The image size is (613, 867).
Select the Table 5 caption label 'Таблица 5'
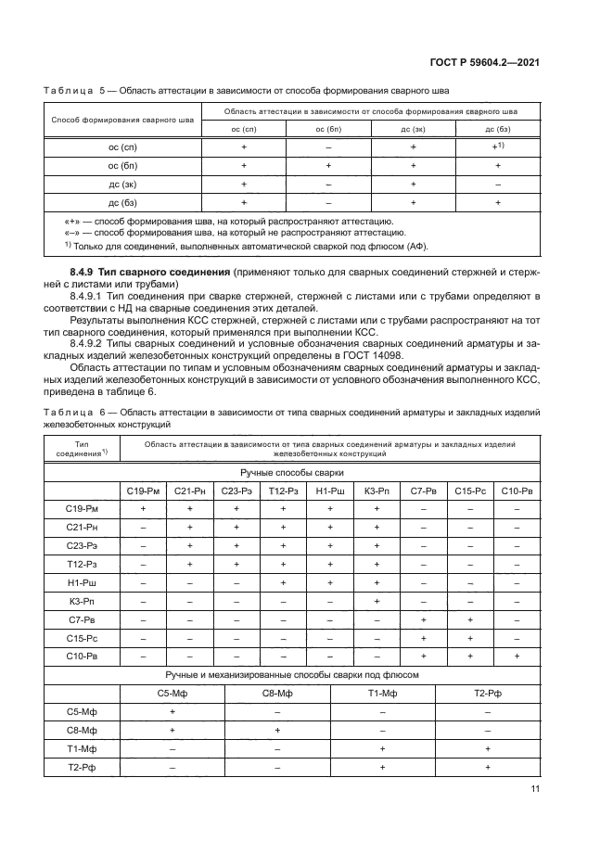[76, 93]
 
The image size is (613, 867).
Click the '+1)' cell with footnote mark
[498, 147]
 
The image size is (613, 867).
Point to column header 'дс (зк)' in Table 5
[413, 129]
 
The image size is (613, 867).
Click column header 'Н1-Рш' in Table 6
[328, 491]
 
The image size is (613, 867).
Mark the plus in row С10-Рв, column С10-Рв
[516, 656]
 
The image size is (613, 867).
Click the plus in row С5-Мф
[173, 710]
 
